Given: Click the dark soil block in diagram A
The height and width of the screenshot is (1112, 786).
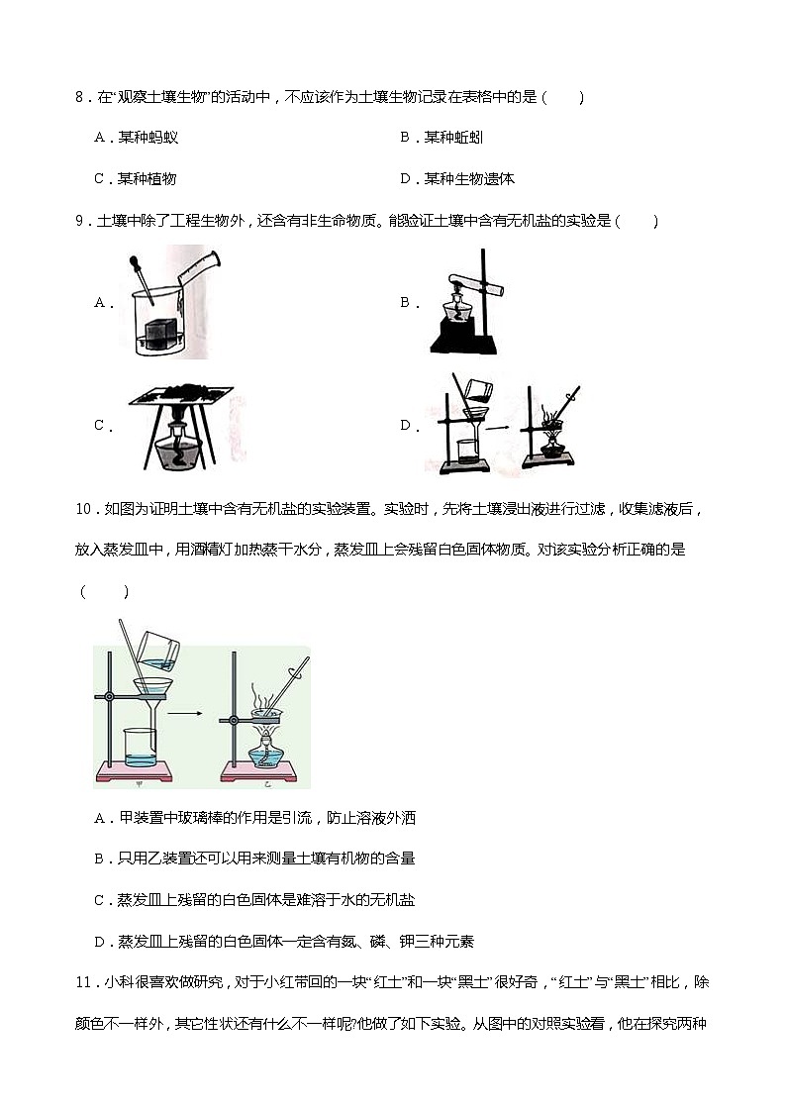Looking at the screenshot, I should tap(160, 332).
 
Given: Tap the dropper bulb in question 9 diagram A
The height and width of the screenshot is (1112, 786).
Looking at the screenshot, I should tap(133, 263).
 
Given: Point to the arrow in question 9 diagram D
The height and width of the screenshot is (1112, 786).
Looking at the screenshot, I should tap(502, 428).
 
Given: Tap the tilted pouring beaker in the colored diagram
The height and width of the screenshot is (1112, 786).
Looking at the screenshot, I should tap(158, 650).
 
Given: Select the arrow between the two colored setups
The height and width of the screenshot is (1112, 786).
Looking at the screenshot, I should tap(180, 711).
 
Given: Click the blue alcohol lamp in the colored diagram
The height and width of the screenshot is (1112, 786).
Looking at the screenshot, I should tap(264, 752).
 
